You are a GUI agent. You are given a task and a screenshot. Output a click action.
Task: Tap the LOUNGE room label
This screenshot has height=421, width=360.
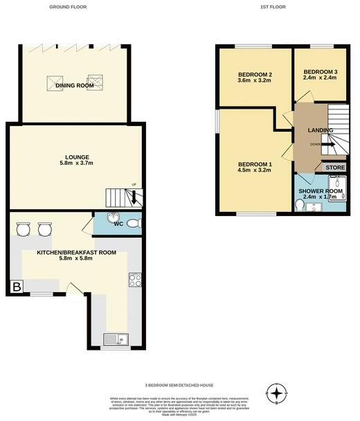(x=75, y=157)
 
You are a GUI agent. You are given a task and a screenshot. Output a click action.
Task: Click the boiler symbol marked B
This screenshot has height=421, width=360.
(x=15, y=285)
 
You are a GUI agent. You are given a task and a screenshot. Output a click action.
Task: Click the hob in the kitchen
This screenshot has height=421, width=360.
(x=134, y=280)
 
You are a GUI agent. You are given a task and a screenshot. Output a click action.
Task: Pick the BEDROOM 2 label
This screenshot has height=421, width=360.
(x=254, y=75)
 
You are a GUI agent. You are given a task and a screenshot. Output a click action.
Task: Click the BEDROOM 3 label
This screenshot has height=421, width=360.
(x=320, y=72)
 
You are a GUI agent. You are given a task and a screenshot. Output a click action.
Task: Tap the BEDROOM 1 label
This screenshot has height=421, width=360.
(x=254, y=163)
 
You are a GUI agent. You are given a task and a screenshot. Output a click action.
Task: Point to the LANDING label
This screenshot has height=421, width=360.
(x=321, y=130)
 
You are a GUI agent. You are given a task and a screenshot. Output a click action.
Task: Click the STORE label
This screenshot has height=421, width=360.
(x=334, y=168)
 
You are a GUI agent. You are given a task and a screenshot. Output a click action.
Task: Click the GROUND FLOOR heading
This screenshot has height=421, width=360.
(x=67, y=7)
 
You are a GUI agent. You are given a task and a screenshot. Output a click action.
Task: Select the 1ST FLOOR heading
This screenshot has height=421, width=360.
(x=272, y=7)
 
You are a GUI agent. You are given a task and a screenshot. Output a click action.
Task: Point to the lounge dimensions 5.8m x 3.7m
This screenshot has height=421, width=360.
(x=75, y=164)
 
